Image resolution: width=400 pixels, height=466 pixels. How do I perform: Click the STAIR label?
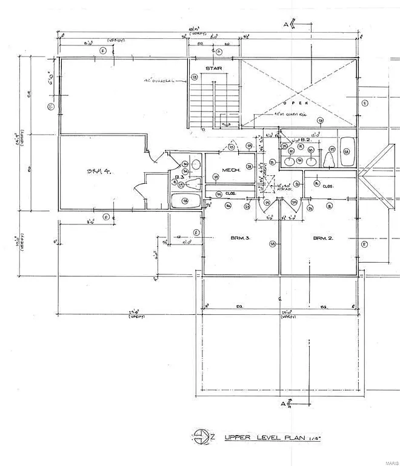click(x=212, y=69)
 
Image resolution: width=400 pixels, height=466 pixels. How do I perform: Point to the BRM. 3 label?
click(x=240, y=238)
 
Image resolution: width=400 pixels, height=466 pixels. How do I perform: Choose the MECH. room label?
click(x=232, y=171)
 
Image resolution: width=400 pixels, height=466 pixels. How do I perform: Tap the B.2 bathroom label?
click(x=306, y=140)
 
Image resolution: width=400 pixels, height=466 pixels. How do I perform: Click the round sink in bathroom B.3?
click(x=195, y=164)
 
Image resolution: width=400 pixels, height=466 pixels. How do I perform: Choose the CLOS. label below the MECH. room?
click(x=230, y=195)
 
